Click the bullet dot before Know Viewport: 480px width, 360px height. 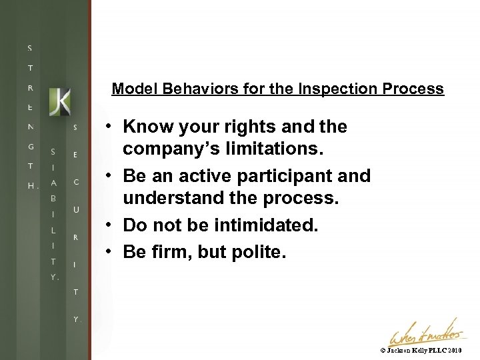pyautogui.click(x=107, y=127)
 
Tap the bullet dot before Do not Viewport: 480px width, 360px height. pyautogui.click(x=107, y=225)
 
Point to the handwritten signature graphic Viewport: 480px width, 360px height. pyautogui.click(x=425, y=331)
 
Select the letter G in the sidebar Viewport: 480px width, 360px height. pyautogui.click(x=30, y=146)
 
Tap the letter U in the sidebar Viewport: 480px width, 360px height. pyautogui.click(x=75, y=209)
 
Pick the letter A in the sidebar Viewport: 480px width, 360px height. pyautogui.click(x=54, y=183)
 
